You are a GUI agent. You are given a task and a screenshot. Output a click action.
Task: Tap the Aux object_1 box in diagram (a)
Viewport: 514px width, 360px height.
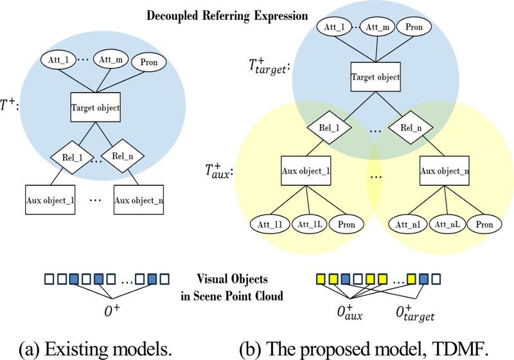click(x=51, y=199)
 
